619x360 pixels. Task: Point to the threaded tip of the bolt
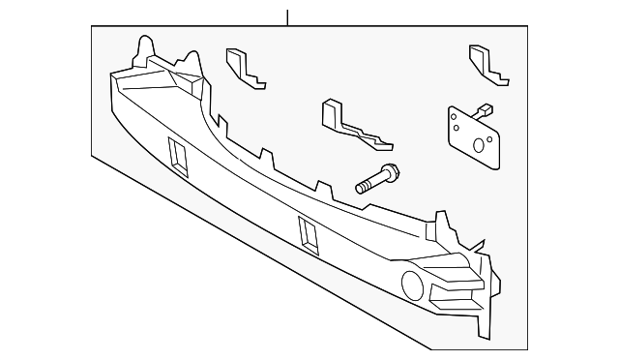(360, 188)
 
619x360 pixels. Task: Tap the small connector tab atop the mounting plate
(483, 109)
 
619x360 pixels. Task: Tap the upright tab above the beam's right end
(444, 224)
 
